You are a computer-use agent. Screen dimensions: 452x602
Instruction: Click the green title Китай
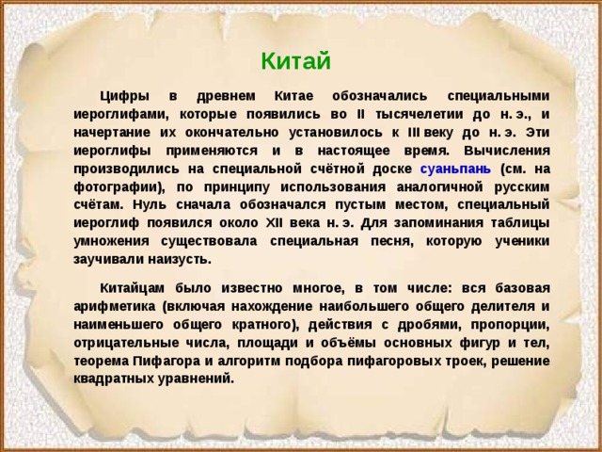click(295, 62)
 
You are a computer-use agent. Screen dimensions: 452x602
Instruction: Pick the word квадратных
click(113, 379)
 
